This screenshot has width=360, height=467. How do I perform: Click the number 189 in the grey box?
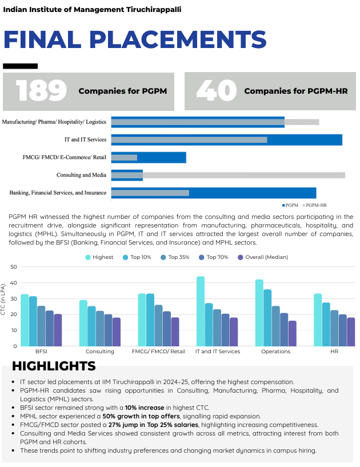pos(41,91)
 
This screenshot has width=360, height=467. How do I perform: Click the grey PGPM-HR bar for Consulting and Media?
pos(229,175)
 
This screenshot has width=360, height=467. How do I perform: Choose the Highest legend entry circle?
pos(89,257)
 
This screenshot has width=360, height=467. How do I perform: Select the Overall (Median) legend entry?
pos(240,257)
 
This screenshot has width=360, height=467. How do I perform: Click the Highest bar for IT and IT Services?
pos(201,311)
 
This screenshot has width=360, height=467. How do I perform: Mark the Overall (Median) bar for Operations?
pos(293,333)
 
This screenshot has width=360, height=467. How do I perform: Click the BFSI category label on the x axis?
pos(41,352)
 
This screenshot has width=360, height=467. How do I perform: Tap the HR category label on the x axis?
pos(334,352)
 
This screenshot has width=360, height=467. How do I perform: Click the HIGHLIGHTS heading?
pos(54,366)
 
